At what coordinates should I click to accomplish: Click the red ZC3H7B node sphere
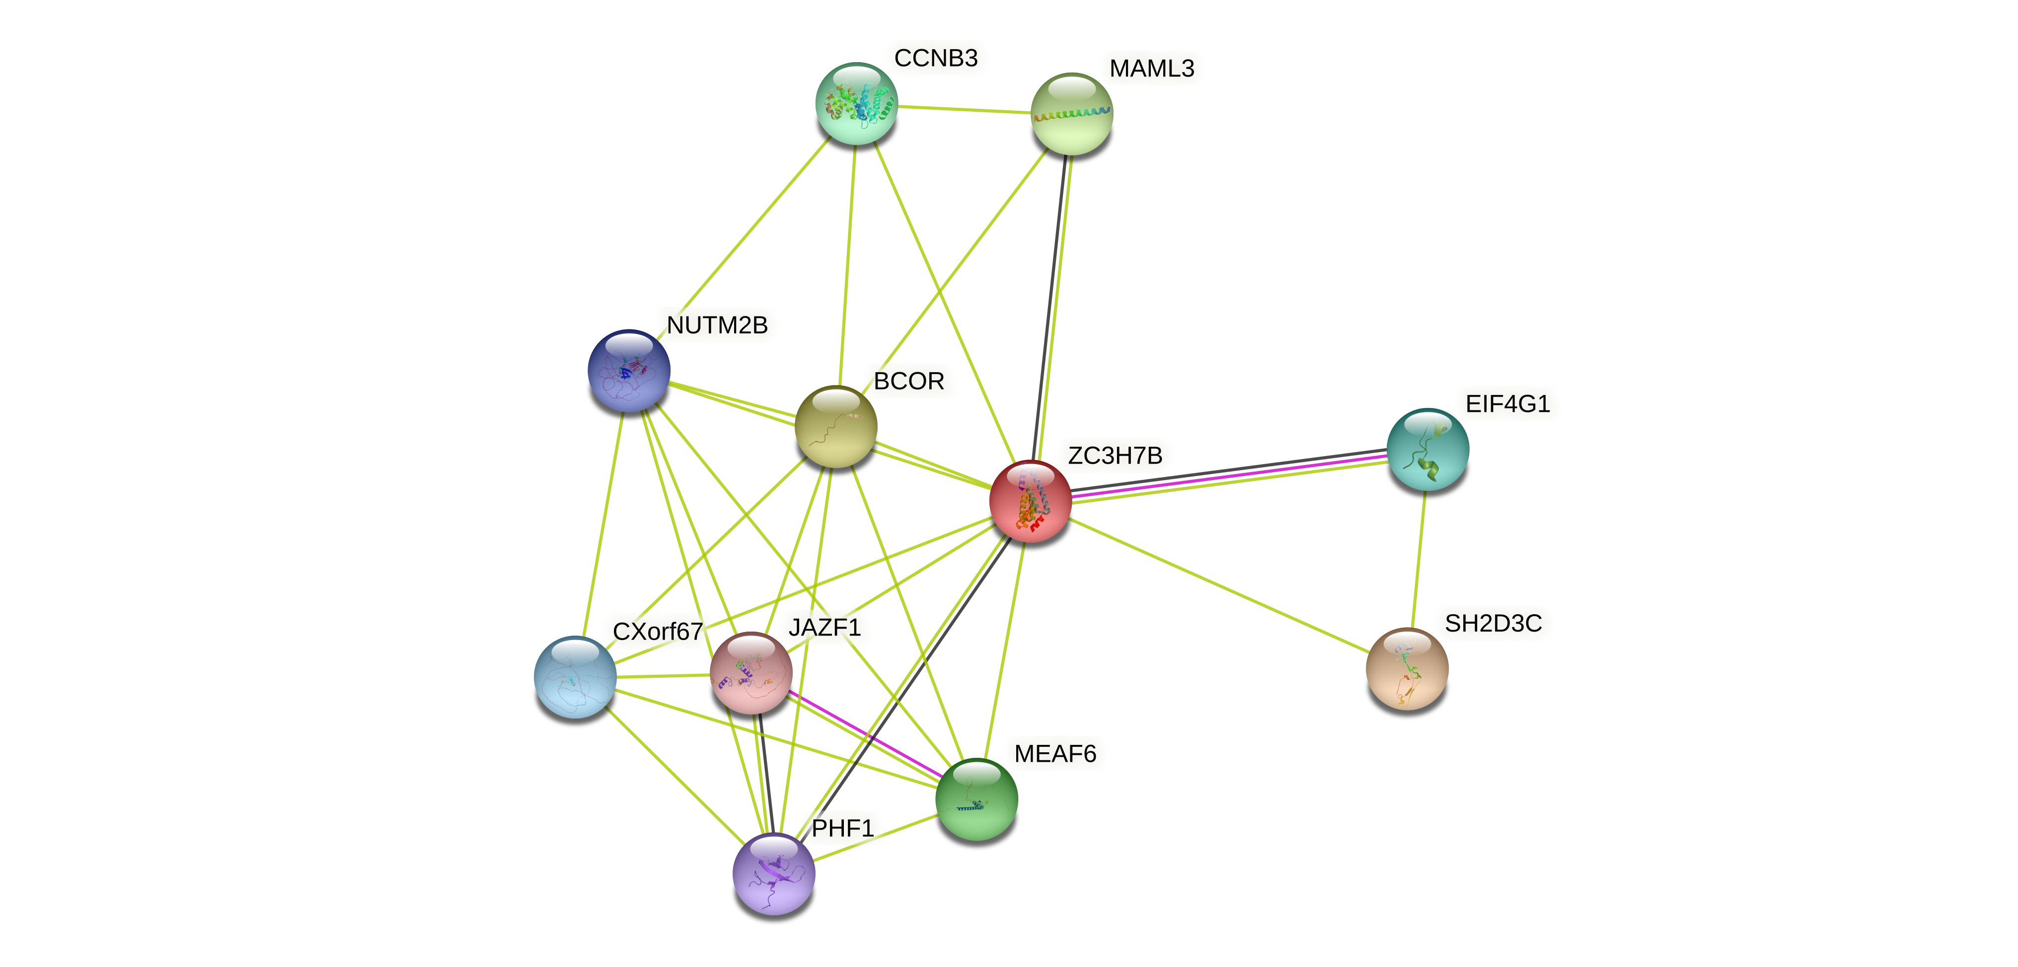point(1030,501)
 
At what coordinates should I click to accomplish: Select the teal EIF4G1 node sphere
point(1427,449)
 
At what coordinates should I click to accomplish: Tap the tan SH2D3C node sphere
point(1407,668)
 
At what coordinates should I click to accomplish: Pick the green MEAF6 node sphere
point(976,800)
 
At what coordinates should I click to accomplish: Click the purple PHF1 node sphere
point(773,874)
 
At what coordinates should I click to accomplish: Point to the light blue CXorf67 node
point(575,677)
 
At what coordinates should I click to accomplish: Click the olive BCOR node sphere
point(836,427)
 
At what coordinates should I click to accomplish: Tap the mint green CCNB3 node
point(856,103)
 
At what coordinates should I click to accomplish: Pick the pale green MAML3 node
point(1071,114)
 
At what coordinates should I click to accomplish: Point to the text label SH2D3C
point(1493,623)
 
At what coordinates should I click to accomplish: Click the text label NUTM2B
point(717,324)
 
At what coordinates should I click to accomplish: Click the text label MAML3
point(1152,68)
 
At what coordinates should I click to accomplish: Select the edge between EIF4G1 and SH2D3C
point(1419,559)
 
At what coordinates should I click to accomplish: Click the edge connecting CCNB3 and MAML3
point(964,109)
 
